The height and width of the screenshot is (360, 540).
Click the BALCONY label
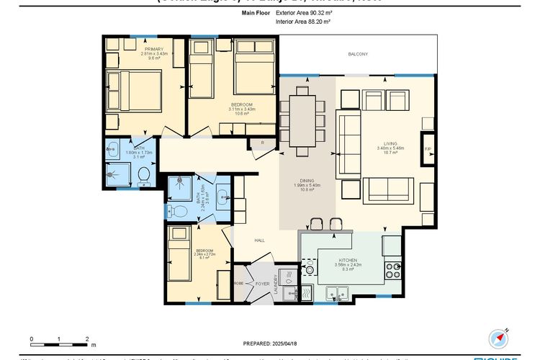coord(358,55)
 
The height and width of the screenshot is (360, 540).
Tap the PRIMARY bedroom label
coord(132,49)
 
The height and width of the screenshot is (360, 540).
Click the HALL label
coord(260,240)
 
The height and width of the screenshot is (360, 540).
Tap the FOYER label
coord(262,284)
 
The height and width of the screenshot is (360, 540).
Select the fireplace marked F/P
coord(428,149)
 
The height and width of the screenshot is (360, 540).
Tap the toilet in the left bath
coord(143,174)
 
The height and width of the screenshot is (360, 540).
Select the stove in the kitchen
coord(393,270)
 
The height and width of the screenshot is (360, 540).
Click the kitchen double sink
coord(336,292)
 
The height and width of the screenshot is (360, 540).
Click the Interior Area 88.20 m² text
coord(302,22)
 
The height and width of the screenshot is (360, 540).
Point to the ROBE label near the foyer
coord(238,284)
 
